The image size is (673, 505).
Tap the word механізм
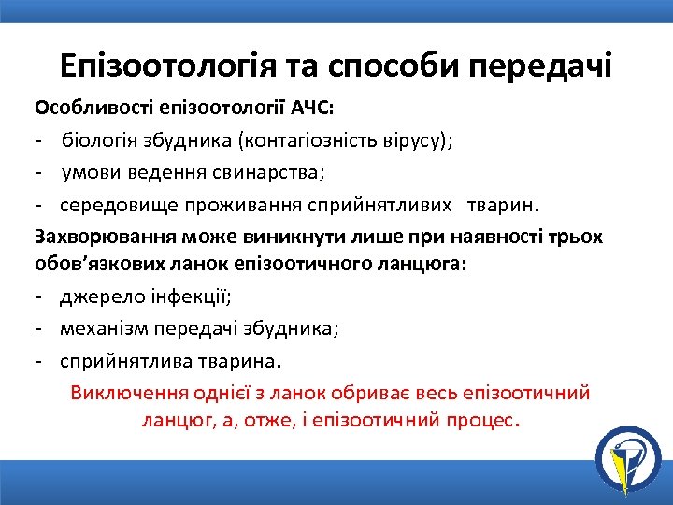[x=103, y=329]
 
